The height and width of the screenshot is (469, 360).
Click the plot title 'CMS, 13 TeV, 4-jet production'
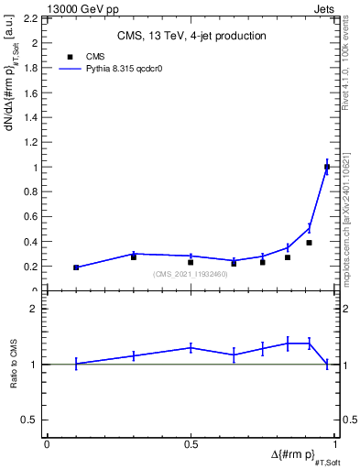191,37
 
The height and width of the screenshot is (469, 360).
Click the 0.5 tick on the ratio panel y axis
33,420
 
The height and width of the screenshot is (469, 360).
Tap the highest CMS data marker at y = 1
327,167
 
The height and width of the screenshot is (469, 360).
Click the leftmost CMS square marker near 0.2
76,267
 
